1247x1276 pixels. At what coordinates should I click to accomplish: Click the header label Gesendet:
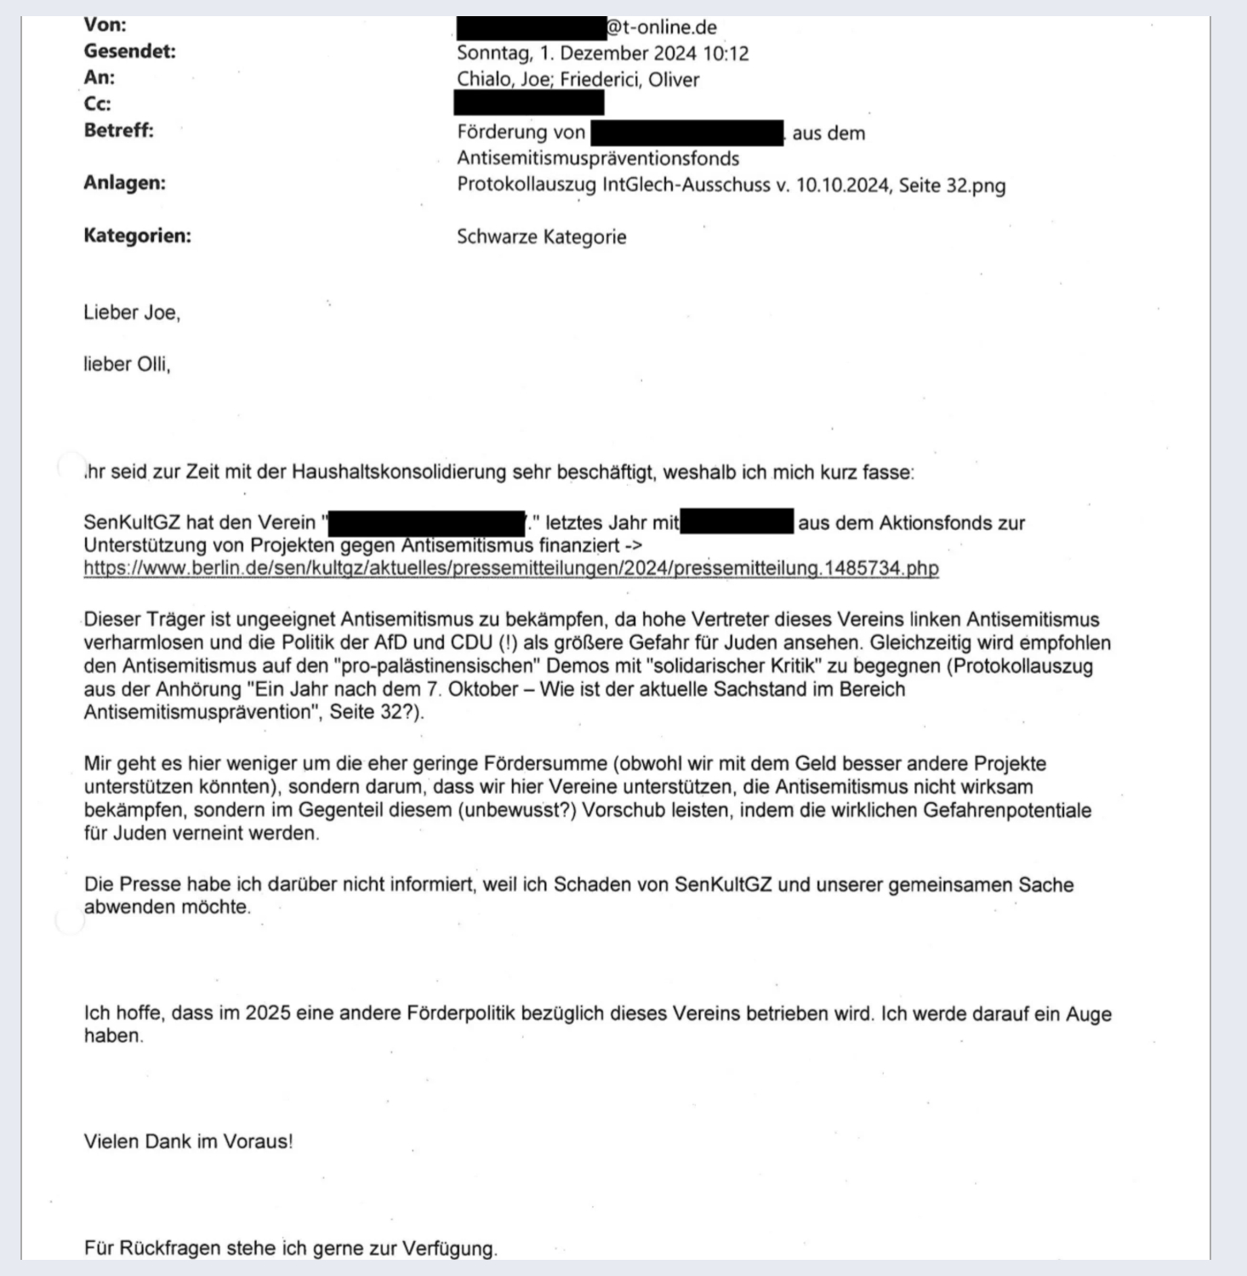click(x=129, y=51)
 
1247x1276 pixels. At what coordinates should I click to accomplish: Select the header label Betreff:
click(x=118, y=130)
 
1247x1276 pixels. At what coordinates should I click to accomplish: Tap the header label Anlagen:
click(x=124, y=183)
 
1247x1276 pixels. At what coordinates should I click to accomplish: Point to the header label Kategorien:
click(x=137, y=236)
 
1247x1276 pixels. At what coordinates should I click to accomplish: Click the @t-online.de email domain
click(x=661, y=27)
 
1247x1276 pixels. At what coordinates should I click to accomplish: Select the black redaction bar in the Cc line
click(x=528, y=104)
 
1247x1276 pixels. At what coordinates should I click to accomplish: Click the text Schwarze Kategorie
click(x=541, y=237)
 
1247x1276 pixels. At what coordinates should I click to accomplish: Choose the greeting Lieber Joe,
click(x=132, y=313)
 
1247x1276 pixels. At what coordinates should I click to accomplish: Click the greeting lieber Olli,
click(x=127, y=365)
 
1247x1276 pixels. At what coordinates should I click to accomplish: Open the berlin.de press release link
click(x=510, y=568)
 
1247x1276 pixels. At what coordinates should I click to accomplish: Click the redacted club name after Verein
click(x=426, y=522)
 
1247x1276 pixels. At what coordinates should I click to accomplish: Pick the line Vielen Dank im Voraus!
click(x=188, y=1142)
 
